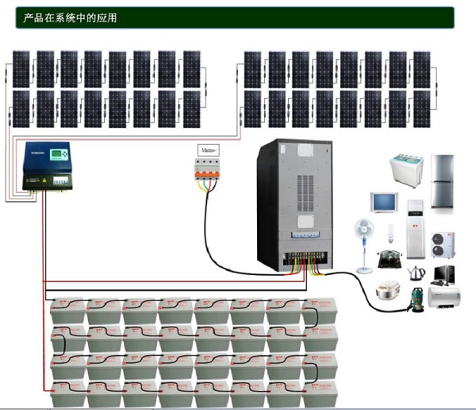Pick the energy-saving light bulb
[390, 234]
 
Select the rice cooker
[386, 292]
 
